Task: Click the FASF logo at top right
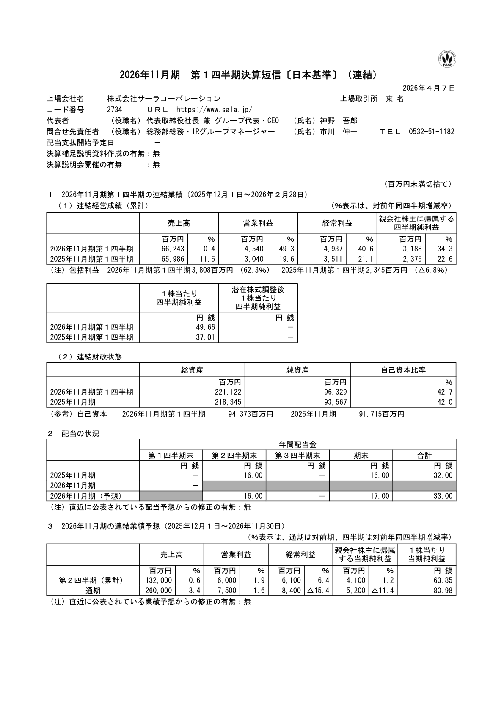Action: (x=447, y=58)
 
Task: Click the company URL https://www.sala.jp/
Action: (x=214, y=110)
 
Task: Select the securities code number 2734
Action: (x=115, y=110)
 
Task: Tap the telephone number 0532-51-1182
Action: (x=431, y=132)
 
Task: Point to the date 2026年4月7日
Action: (x=429, y=88)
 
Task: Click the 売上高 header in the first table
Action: (x=179, y=223)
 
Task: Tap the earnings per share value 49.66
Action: (x=206, y=327)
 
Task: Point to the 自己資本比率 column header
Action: (x=403, y=370)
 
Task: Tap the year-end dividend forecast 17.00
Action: (x=380, y=496)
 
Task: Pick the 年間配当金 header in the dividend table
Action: (x=297, y=445)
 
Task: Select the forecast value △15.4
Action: (x=318, y=591)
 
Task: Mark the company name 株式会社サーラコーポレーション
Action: (x=163, y=99)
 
